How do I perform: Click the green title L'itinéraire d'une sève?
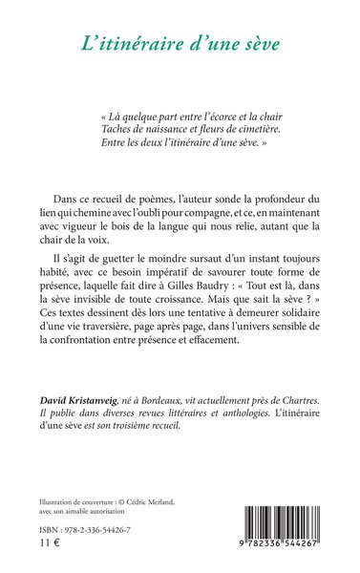click(x=180, y=42)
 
